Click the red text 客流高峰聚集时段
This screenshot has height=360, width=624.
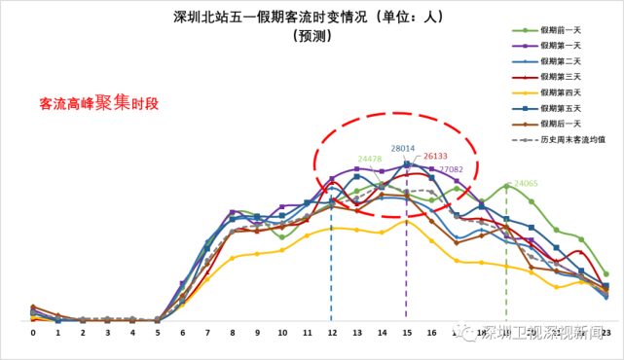click(98, 102)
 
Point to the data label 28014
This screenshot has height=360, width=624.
click(404, 149)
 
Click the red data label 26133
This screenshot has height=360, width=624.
click(435, 156)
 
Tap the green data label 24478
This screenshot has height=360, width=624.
click(369, 159)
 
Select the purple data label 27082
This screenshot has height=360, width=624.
click(451, 169)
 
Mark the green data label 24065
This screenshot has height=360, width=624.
click(526, 183)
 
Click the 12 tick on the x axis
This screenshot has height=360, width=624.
click(331, 333)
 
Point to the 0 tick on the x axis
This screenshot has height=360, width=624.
click(33, 333)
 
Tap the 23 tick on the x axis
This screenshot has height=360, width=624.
click(606, 333)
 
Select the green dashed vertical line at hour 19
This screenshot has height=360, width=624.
click(506, 282)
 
